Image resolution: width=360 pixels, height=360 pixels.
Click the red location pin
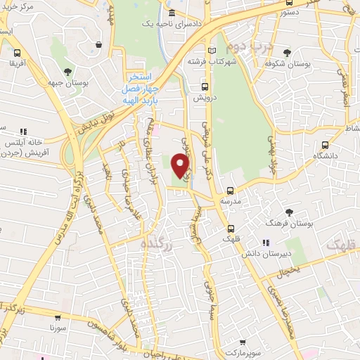[x=181, y=165]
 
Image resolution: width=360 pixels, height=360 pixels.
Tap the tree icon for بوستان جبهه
[x=67, y=72]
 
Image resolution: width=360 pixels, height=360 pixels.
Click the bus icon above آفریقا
[x=16, y=52]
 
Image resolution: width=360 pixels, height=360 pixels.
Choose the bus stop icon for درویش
[x=205, y=87]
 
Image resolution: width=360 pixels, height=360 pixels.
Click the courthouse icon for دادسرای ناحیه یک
[x=172, y=13]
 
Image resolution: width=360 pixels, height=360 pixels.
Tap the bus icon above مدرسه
[x=231, y=191]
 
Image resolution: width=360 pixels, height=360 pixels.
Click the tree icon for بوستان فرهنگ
[x=289, y=212]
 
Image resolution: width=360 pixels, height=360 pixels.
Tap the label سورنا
[x=57, y=328]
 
